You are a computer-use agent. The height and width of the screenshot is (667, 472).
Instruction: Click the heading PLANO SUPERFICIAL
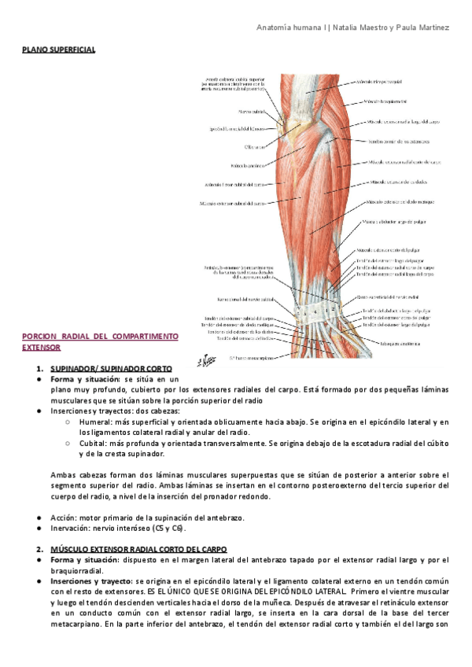(58, 50)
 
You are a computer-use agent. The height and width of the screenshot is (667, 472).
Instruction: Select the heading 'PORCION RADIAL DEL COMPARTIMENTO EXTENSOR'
(100, 341)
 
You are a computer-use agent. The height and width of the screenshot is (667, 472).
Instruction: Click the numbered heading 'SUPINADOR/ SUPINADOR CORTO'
(110, 367)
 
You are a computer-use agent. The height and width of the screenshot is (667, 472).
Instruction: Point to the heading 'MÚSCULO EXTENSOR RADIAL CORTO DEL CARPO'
(138, 548)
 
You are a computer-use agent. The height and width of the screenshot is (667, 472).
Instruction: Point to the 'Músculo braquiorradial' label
(385, 101)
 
